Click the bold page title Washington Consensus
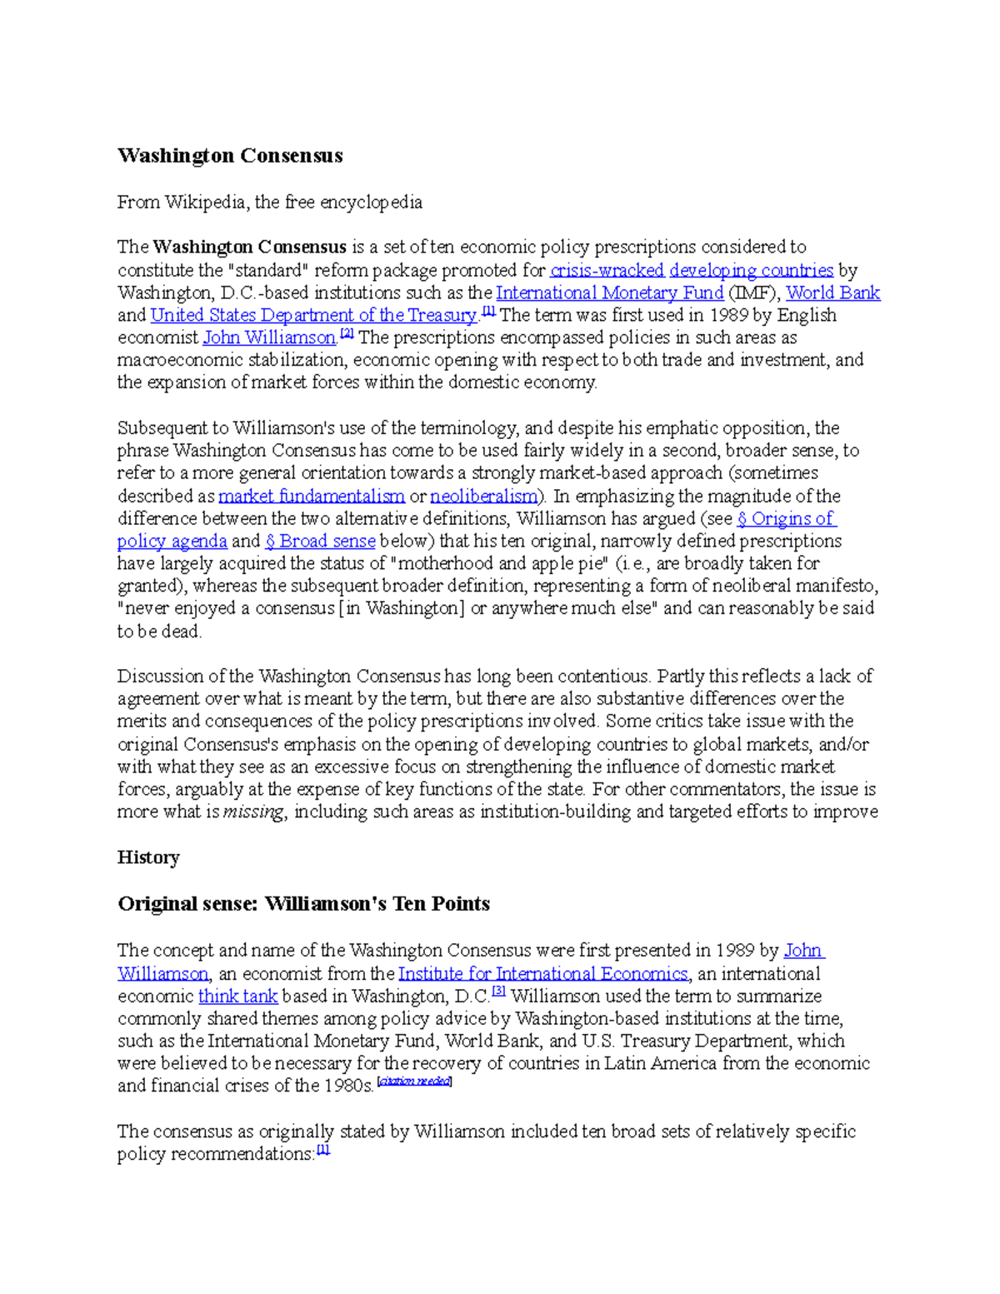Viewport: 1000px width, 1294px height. pos(230,156)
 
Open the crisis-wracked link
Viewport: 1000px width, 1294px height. pos(607,270)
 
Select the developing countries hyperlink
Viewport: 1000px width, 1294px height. pos(751,270)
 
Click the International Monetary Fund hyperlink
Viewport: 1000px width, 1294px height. pos(609,292)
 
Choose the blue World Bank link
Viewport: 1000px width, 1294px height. pos(832,292)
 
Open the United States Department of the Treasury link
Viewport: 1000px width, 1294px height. pos(313,315)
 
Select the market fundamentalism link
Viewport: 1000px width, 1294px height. pos(312,496)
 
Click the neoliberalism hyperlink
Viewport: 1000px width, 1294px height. pos(483,496)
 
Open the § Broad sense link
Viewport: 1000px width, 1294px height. pos(320,541)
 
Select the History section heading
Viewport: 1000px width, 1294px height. pos(148,857)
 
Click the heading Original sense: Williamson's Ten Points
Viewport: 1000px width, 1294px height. pos(303,904)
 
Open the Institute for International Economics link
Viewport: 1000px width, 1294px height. pos(543,973)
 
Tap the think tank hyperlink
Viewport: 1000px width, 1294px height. pos(237,996)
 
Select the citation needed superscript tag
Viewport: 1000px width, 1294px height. pos(414,1082)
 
